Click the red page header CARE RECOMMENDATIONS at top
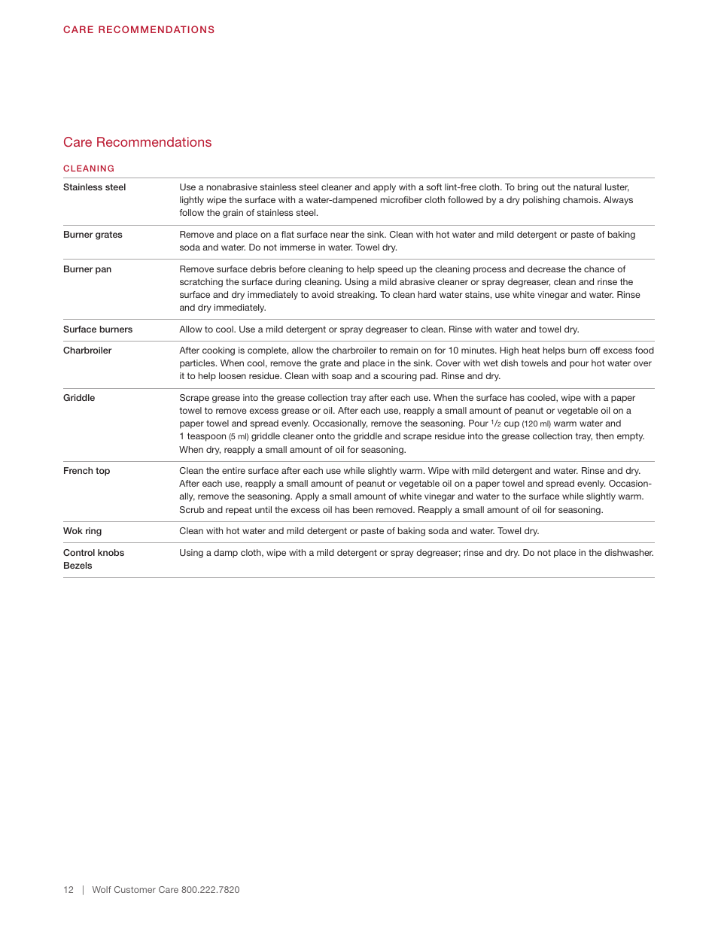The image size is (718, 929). [138, 30]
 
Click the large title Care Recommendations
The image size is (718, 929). [137, 142]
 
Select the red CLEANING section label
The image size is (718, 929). [89, 168]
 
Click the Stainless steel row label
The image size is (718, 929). [94, 187]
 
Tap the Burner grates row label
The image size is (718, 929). [93, 235]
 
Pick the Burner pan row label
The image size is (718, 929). [87, 269]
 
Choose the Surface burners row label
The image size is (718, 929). [98, 329]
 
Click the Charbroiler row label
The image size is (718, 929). [87, 351]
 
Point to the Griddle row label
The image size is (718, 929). [79, 398]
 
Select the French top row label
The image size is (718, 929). [87, 471]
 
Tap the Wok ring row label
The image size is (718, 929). [82, 531]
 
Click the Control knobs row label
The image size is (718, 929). [93, 553]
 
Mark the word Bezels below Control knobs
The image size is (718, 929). [78, 566]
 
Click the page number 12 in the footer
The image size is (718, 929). [68, 890]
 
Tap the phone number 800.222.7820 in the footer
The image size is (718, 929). [210, 890]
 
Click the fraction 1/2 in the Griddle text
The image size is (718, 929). [496, 424]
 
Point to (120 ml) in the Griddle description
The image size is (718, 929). [536, 424]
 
